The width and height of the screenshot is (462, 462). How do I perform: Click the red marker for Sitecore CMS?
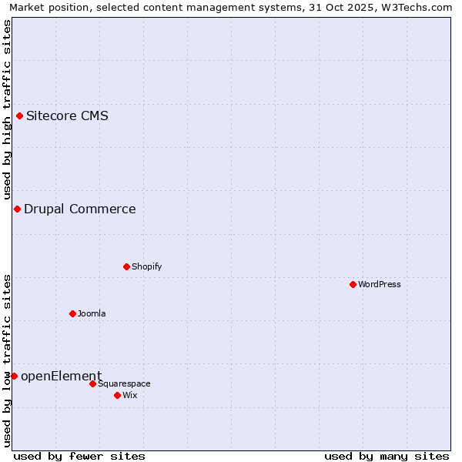pos(20,116)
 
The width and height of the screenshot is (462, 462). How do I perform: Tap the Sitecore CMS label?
pos(67,116)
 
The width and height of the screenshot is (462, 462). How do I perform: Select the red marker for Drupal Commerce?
pos(17,209)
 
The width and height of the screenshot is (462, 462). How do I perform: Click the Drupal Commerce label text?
pos(79,209)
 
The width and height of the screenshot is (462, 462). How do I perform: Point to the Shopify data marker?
pos(127,267)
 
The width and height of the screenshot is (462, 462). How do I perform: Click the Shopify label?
pos(146,267)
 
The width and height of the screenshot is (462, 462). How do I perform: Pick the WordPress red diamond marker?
pos(353,285)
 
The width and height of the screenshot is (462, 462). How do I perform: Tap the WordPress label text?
pos(380,285)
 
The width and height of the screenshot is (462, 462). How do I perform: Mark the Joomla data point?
pos(73,314)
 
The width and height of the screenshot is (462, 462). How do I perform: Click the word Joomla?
pos(92,314)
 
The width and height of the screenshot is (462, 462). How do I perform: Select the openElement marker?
pos(14,377)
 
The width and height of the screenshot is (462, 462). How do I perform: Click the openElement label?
pos(61,377)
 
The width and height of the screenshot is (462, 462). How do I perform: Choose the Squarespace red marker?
pos(93,384)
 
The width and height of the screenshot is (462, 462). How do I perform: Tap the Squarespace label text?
pos(124,384)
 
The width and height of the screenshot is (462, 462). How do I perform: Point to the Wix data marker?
pos(118,396)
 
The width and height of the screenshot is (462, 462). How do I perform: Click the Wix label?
pos(130,396)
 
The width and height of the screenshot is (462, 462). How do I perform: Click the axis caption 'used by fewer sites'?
pos(79,457)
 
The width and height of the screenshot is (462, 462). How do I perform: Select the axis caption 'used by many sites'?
pos(387,457)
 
